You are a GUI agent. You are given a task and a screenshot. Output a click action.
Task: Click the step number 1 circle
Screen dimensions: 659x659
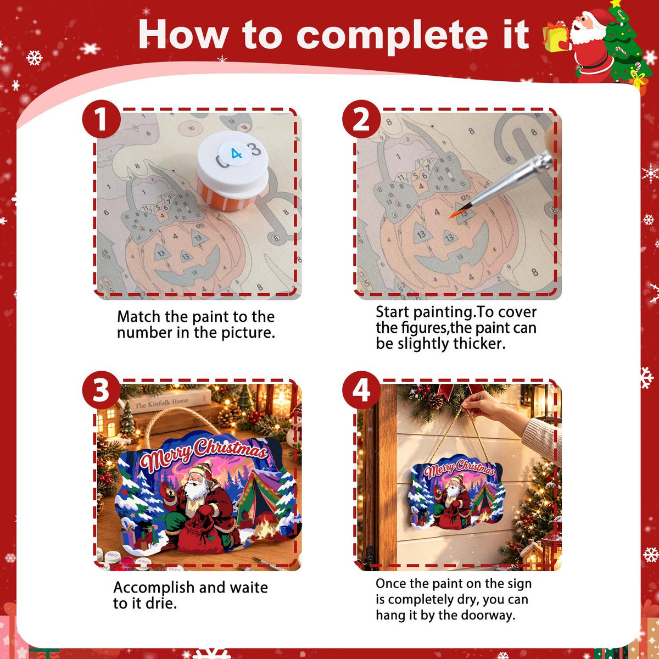click(x=101, y=119)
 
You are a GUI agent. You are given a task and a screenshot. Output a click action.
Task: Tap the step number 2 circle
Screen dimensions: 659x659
click(x=361, y=119)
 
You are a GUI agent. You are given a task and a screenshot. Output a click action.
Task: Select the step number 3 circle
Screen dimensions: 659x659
click(x=101, y=390)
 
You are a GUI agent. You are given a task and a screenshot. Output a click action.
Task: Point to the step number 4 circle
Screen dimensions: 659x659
click(x=361, y=390)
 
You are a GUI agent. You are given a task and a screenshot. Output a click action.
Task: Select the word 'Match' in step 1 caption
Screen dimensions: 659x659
click(x=138, y=317)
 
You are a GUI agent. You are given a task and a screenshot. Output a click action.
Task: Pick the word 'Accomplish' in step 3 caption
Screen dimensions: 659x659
click(x=154, y=588)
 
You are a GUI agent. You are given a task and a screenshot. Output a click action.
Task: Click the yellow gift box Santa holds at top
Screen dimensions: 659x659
click(x=554, y=38)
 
